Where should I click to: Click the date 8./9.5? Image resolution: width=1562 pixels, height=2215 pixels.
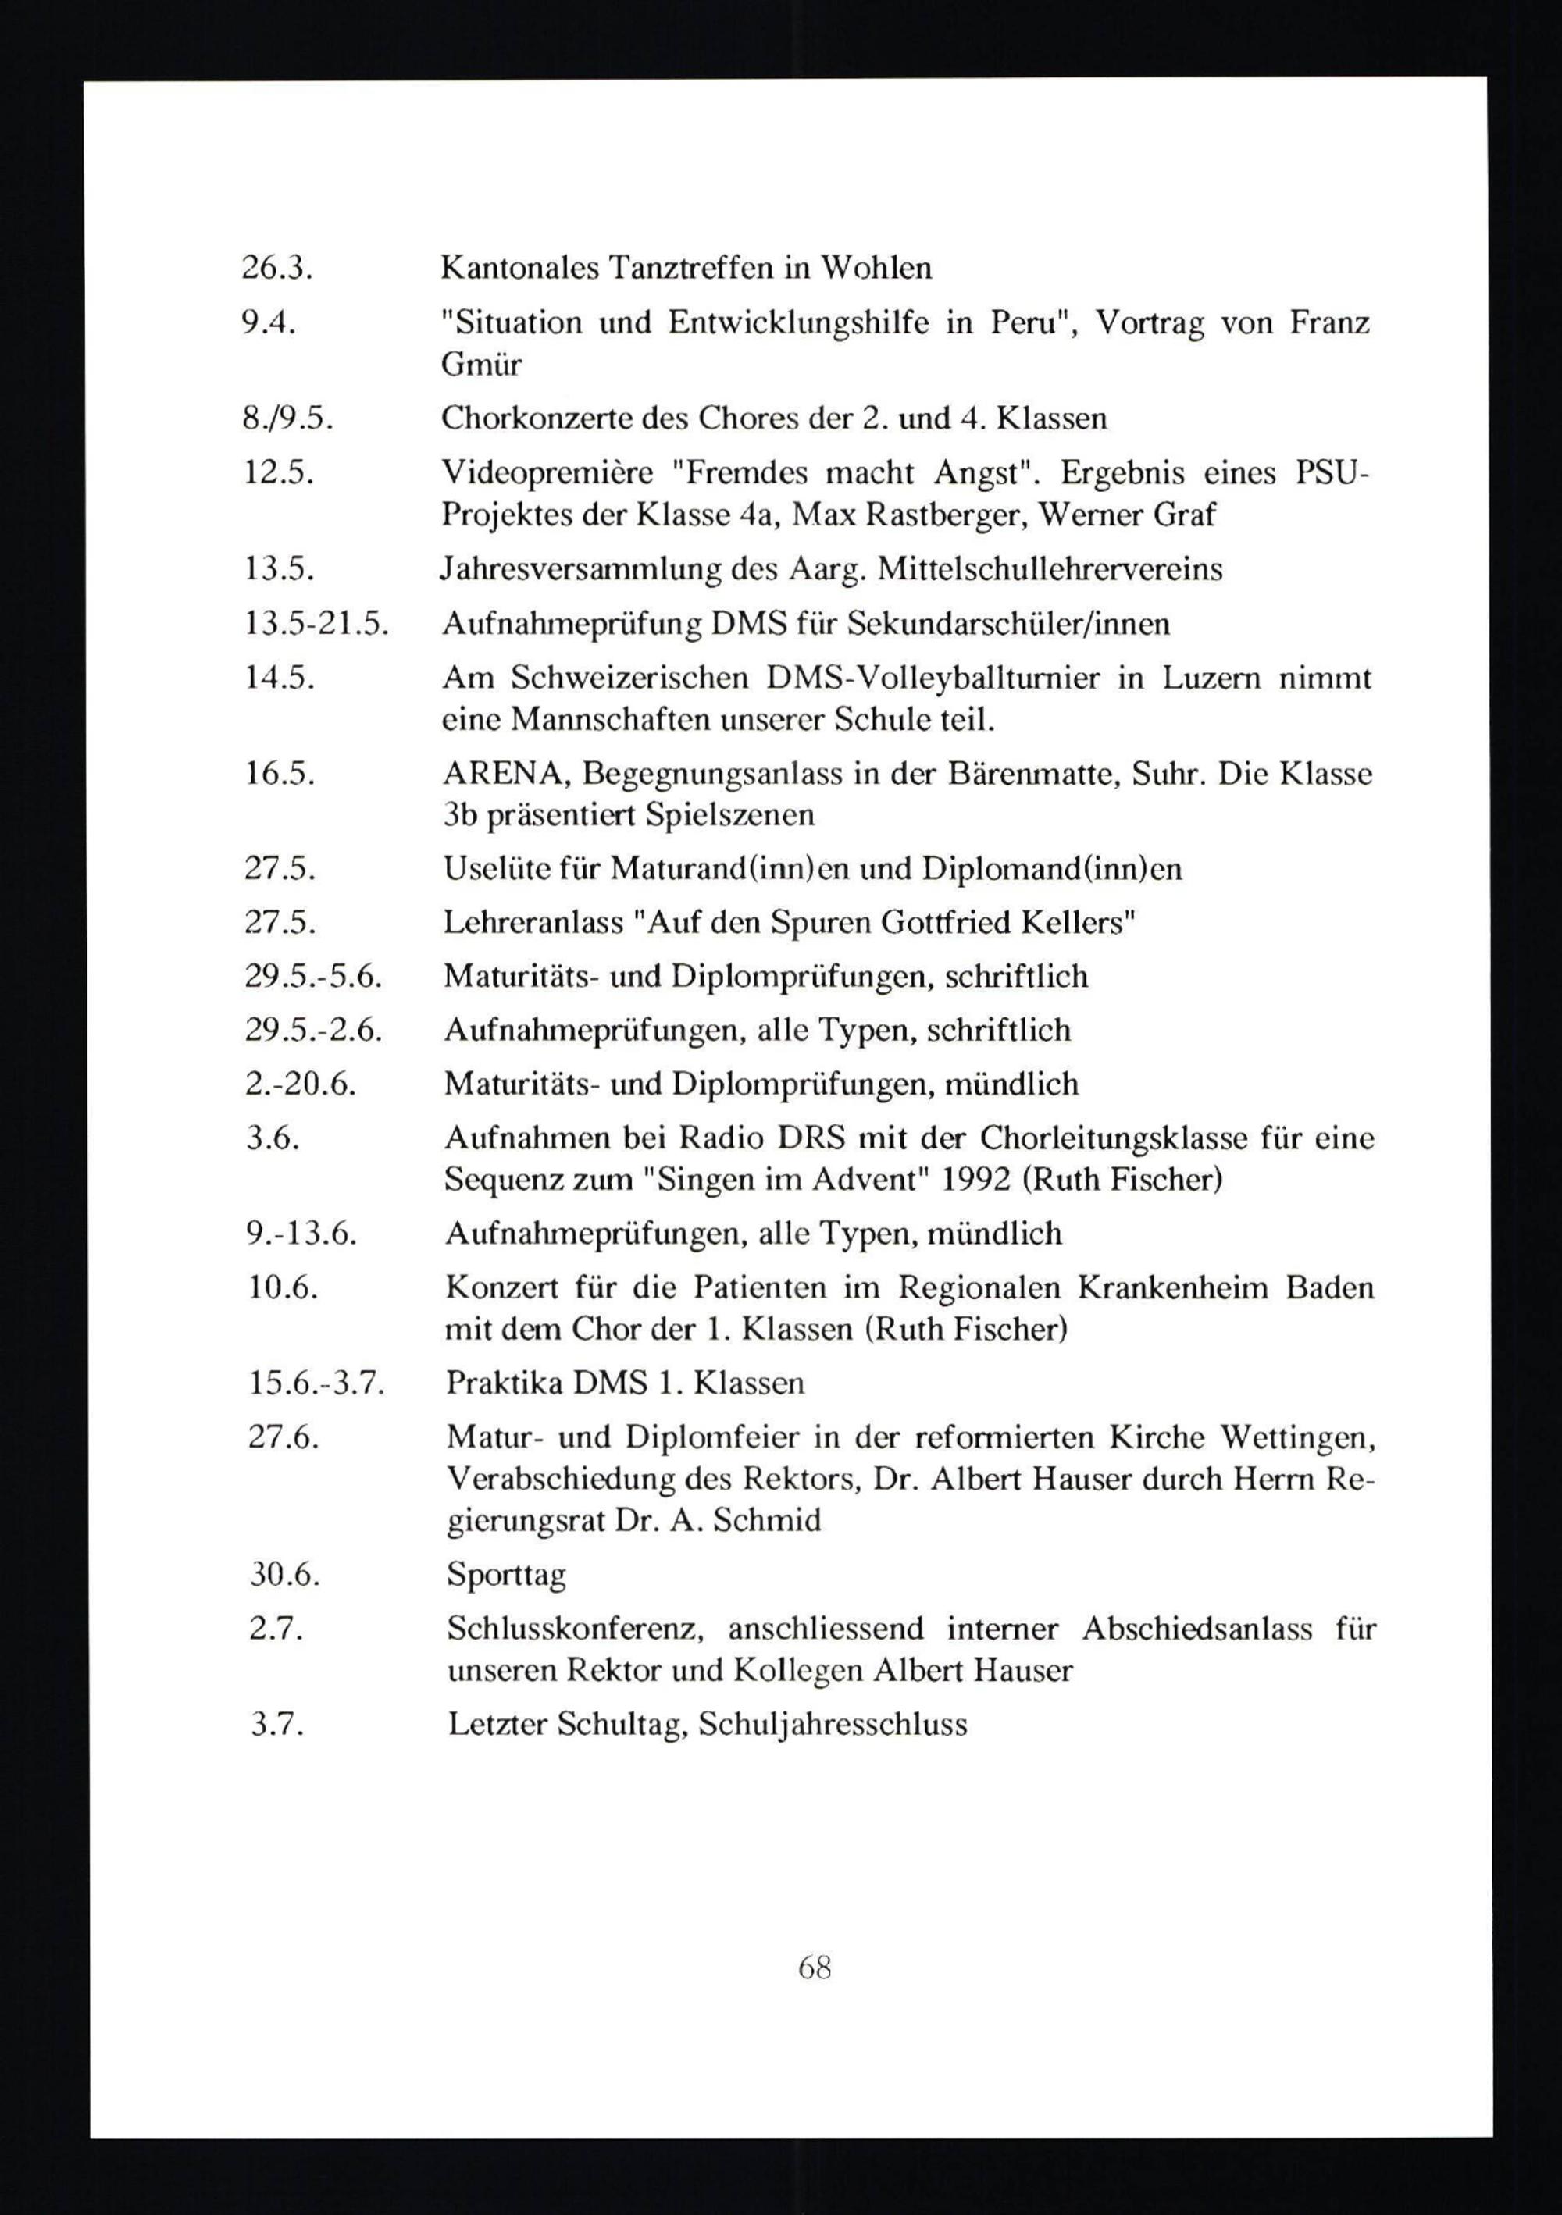click(287, 418)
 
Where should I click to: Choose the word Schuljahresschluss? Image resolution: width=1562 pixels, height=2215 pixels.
click(832, 1724)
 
